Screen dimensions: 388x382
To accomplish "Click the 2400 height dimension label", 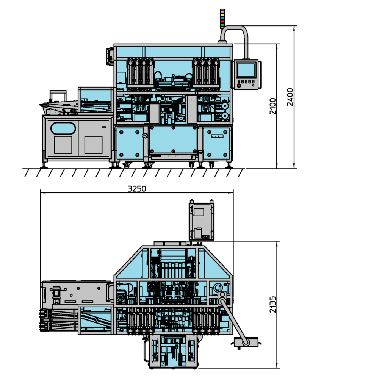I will [290, 97].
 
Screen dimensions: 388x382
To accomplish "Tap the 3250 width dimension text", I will [137, 189].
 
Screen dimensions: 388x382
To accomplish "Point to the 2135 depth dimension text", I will [273, 304].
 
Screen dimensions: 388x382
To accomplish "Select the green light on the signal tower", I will [222, 25].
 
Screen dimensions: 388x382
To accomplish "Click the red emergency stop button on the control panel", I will [239, 86].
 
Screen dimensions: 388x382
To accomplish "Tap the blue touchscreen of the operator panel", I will [246, 70].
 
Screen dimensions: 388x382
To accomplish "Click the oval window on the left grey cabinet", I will [63, 128].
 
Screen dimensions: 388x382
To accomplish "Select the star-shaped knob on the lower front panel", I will [144, 135].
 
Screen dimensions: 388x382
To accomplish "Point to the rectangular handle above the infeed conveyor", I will [58, 95].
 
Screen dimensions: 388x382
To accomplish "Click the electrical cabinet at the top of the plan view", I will [202, 221].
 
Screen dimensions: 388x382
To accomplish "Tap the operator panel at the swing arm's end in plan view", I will [246, 343].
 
